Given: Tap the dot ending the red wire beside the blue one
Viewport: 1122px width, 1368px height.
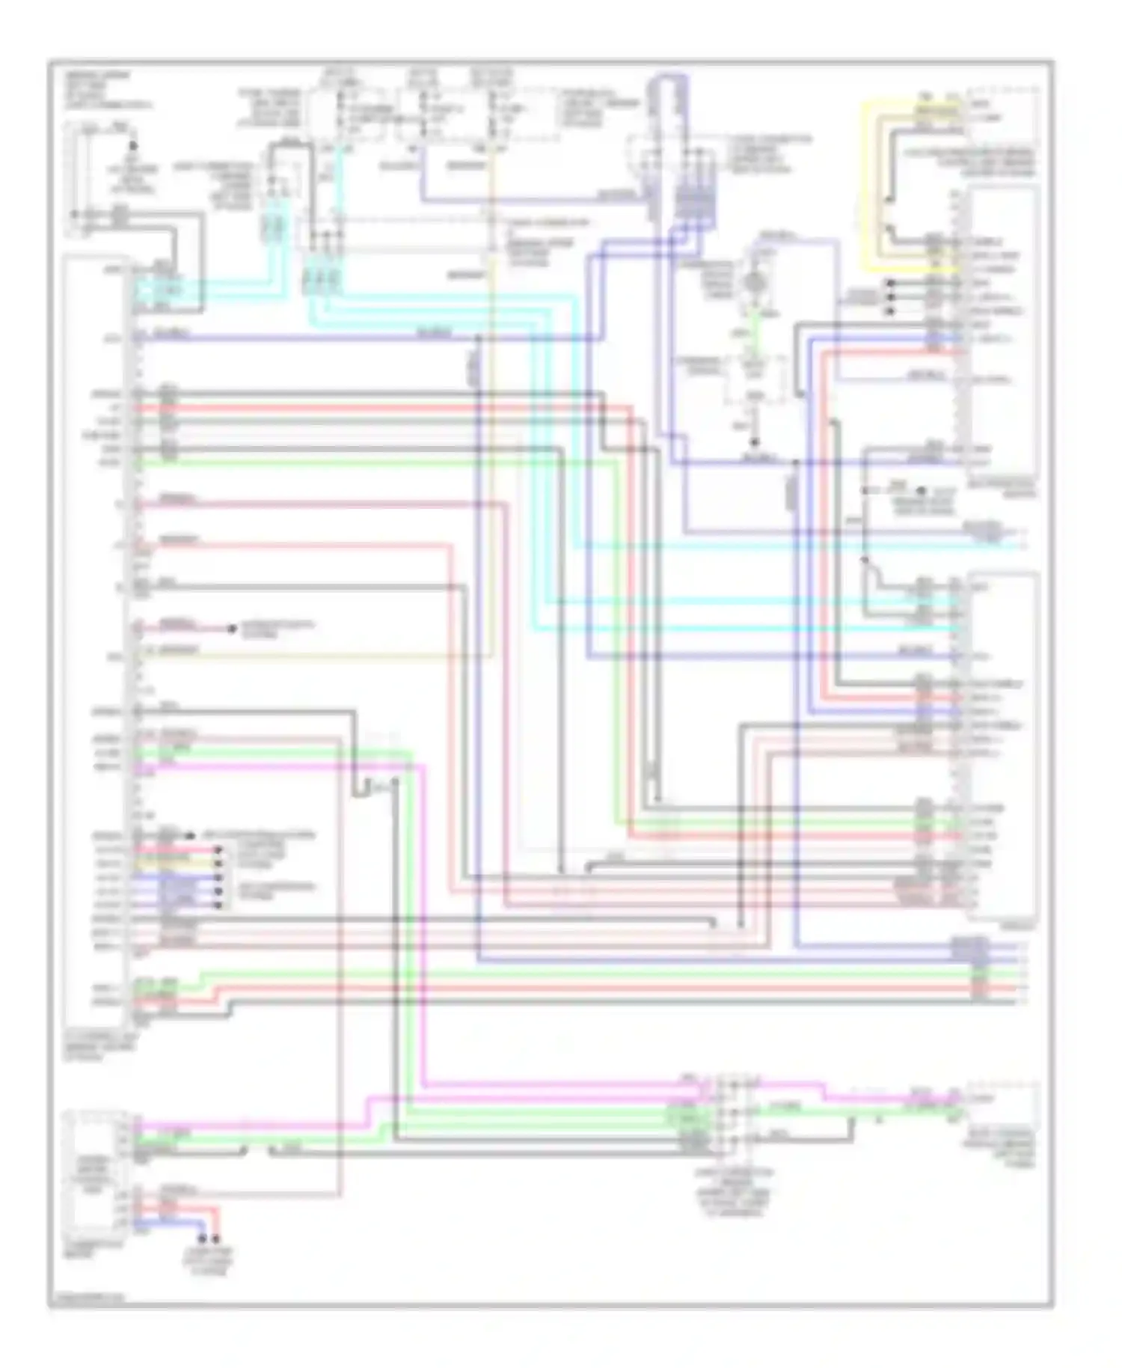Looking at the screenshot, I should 217,1239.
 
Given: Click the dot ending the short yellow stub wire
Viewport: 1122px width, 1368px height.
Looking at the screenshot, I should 218,864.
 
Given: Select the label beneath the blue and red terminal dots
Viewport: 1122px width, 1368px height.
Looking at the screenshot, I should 211,1261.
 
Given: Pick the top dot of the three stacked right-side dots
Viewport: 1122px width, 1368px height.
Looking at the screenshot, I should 890,283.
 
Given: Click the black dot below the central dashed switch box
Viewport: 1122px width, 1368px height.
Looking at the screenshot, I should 755,442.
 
